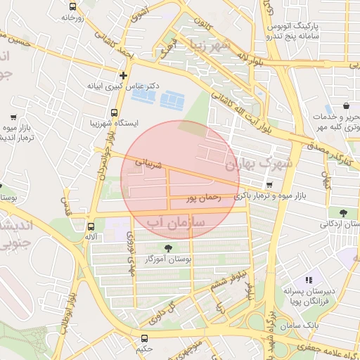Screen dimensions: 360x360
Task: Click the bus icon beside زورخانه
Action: click(72, 6)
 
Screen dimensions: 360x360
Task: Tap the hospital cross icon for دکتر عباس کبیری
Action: click(124, 75)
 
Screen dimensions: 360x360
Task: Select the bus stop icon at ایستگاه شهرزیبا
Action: click(115, 112)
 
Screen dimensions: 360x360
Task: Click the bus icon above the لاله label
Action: click(91, 226)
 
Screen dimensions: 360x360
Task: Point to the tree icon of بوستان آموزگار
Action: click(167, 247)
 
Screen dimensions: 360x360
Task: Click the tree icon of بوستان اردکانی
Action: click(342, 212)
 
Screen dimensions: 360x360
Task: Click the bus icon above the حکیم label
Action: click(144, 338)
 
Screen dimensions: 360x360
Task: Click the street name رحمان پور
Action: click(203, 200)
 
